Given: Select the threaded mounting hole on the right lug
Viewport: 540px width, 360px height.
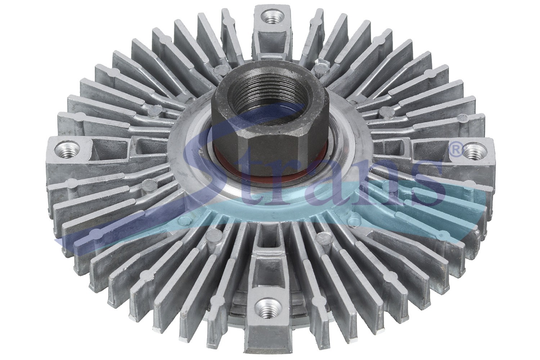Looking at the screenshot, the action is [x=473, y=153].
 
